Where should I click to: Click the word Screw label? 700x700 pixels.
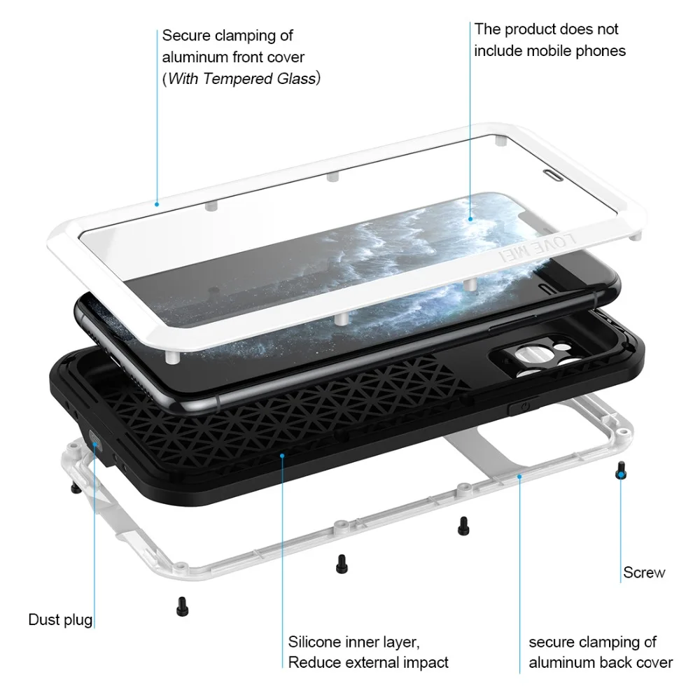[644, 573]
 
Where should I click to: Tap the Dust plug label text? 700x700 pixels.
[60, 619]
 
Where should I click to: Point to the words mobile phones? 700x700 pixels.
[576, 51]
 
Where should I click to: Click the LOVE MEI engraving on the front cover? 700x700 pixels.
[538, 246]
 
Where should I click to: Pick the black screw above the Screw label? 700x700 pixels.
[620, 470]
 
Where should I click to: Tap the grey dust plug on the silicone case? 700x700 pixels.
[95, 440]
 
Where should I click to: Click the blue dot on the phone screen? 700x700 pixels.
[470, 218]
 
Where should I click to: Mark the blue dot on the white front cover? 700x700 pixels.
[157, 204]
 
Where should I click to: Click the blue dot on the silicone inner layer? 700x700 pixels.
[282, 456]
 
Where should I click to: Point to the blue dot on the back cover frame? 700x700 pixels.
[519, 477]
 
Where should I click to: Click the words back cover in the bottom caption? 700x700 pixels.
[633, 662]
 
